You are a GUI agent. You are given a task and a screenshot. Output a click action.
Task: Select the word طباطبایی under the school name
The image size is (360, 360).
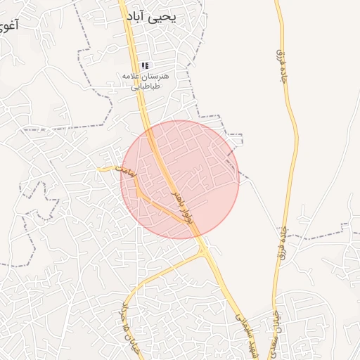coord(147,86)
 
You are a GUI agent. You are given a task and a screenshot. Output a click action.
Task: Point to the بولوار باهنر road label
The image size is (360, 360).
coord(181,204)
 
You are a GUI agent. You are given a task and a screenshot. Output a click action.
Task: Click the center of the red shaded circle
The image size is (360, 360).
coord(180,179)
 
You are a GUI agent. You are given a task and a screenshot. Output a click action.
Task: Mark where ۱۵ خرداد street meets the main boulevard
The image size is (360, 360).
coord(206,252)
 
